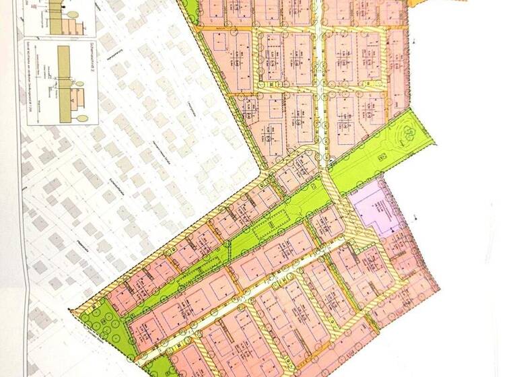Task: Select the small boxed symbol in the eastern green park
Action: (382, 156)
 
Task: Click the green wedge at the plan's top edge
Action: (191, 9)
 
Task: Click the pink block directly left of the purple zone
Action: (327, 222)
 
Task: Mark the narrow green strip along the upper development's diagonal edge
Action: (229, 94)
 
